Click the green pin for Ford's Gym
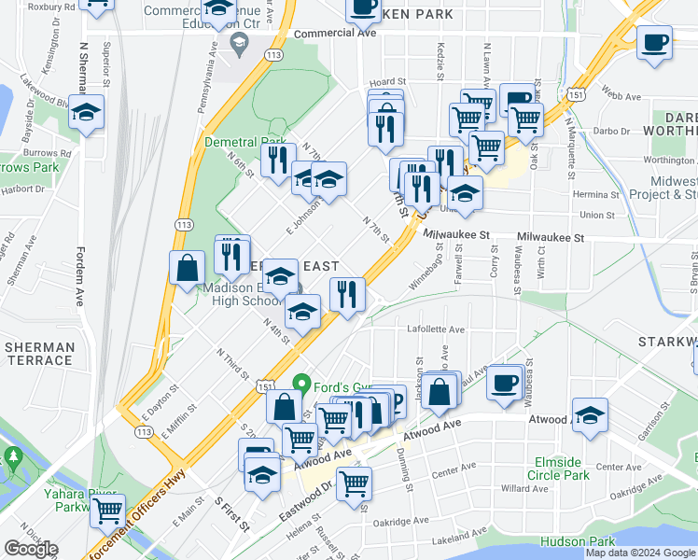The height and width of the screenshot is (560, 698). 301,384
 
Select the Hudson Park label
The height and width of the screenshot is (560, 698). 577,541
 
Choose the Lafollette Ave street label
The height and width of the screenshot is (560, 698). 435,329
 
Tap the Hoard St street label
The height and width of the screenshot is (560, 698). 387,83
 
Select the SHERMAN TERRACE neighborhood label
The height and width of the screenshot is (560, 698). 39,354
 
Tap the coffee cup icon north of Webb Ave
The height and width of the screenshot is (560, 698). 655,43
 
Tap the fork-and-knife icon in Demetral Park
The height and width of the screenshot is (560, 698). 275,161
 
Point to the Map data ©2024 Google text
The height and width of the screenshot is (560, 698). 640,553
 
